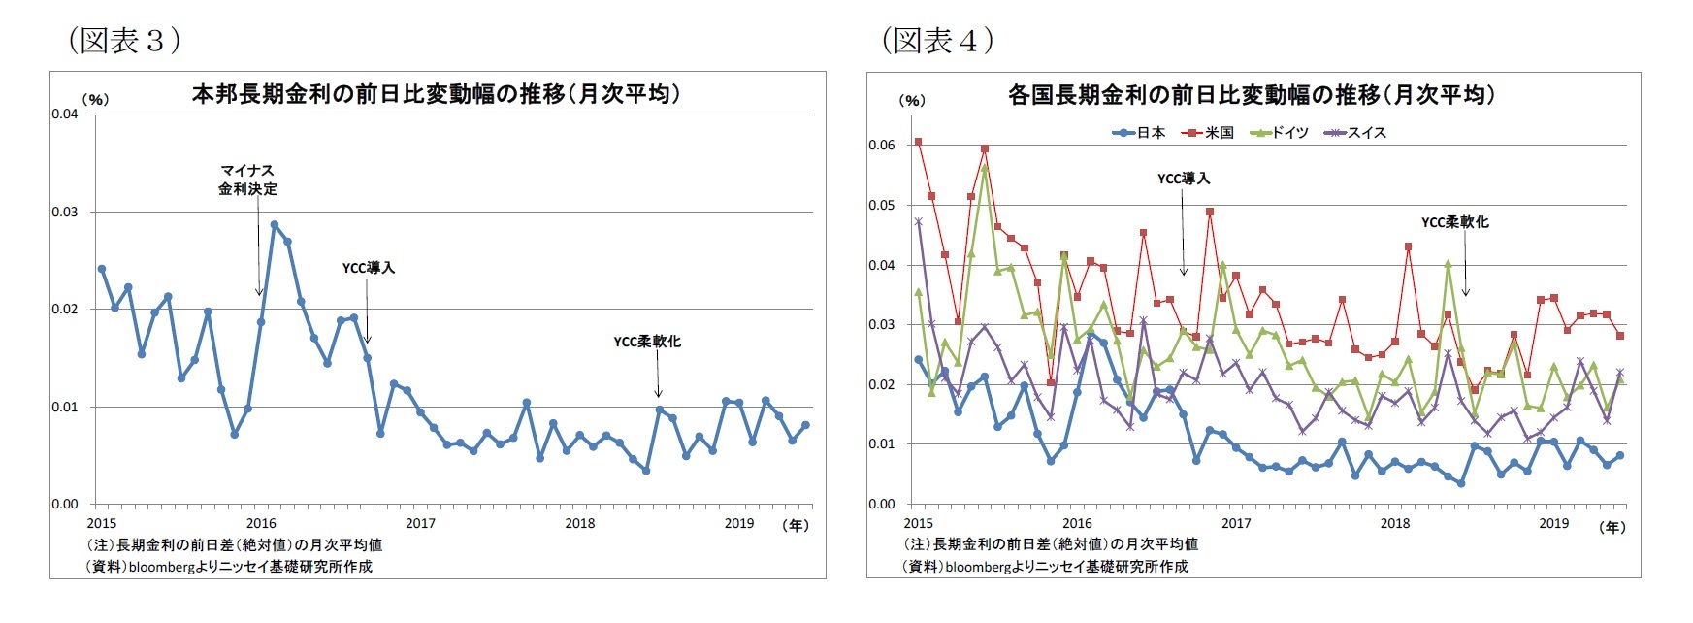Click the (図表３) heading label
pyautogui.click(x=124, y=40)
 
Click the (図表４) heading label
pyautogui.click(x=937, y=40)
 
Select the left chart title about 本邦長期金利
pyautogui.click(x=436, y=94)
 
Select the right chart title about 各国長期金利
pyautogui.click(x=1251, y=95)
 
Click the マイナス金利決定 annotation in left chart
pyautogui.click(x=247, y=180)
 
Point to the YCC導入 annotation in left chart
pyautogui.click(x=368, y=268)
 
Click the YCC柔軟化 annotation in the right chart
pyautogui.click(x=1454, y=222)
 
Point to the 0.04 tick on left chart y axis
pyautogui.click(x=65, y=115)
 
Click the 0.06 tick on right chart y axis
pyautogui.click(x=881, y=146)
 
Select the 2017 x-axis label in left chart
pyautogui.click(x=420, y=524)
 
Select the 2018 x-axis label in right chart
pyautogui.click(x=1394, y=524)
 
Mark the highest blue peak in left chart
pyautogui.click(x=275, y=224)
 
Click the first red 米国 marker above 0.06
pyautogui.click(x=918, y=142)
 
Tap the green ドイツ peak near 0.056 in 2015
pyautogui.click(x=984, y=168)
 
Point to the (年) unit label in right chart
pyautogui.click(x=1612, y=527)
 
